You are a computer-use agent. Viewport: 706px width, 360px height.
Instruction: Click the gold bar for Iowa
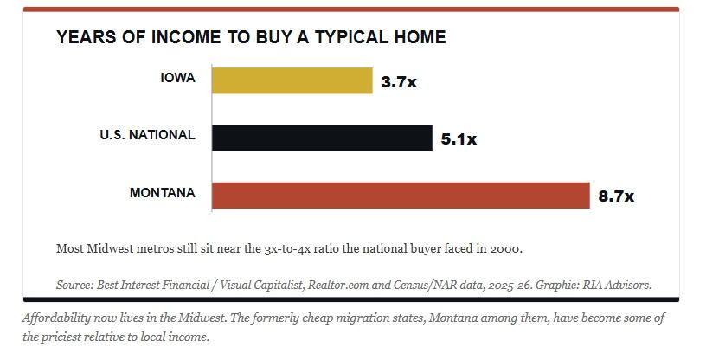292,80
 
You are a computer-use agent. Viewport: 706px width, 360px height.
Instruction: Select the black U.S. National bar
322,138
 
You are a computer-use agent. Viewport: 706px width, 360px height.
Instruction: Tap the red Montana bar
401,196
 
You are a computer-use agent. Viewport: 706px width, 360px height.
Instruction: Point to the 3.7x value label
399,82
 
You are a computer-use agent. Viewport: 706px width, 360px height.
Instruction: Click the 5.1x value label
459,139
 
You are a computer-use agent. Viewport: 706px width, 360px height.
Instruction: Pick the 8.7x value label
616,196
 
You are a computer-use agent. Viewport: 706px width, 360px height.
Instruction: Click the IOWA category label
178,78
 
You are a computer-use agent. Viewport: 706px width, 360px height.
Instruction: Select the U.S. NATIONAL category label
148,135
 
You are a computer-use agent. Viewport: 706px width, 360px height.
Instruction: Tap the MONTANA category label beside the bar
163,193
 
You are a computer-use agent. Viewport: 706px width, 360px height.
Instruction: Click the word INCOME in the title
186,37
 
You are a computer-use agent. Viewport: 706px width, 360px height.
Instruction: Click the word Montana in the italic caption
452,318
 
